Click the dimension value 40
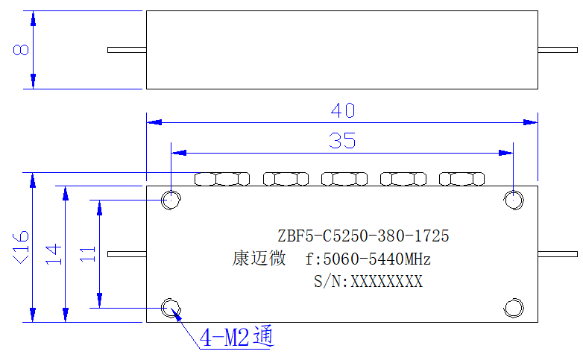click(x=343, y=110)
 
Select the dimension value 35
click(x=342, y=141)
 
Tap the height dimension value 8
click(x=21, y=50)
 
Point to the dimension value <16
click(x=21, y=247)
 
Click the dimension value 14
click(x=54, y=254)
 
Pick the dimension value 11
click(x=88, y=254)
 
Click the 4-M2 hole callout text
click(x=236, y=337)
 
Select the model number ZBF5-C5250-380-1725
click(x=363, y=236)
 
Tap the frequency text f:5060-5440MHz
click(x=368, y=259)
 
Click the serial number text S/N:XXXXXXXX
click(x=368, y=282)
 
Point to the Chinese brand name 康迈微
click(x=259, y=258)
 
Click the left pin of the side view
click(x=127, y=50)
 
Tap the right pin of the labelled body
click(x=558, y=254)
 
